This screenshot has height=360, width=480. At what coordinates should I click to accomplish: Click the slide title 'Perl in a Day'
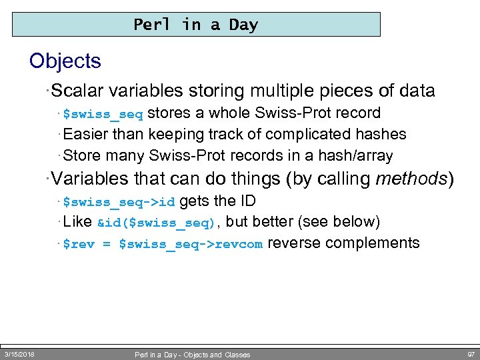195,25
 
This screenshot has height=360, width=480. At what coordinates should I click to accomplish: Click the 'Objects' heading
65,61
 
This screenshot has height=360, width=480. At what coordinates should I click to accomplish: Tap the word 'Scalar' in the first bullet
78,91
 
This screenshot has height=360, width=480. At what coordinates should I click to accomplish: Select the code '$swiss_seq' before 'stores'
103,114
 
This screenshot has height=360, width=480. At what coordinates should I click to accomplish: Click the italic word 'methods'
411,179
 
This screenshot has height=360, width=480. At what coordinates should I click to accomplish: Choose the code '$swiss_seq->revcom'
191,244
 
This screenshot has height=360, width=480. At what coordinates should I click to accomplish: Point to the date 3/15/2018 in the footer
20,354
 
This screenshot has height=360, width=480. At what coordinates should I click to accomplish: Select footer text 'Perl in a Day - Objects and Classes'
193,355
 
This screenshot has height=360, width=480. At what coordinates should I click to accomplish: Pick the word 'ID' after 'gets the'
247,201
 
